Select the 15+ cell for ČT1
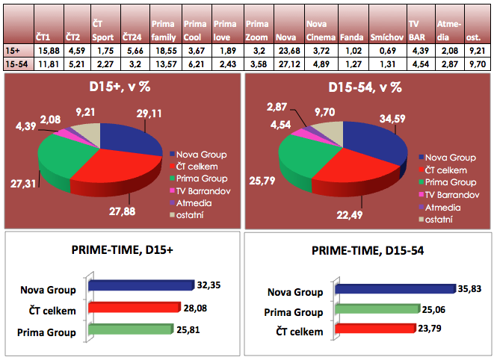tap(48, 50)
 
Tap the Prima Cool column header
tap(194, 29)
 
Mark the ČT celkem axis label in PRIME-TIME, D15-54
tap(302, 331)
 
